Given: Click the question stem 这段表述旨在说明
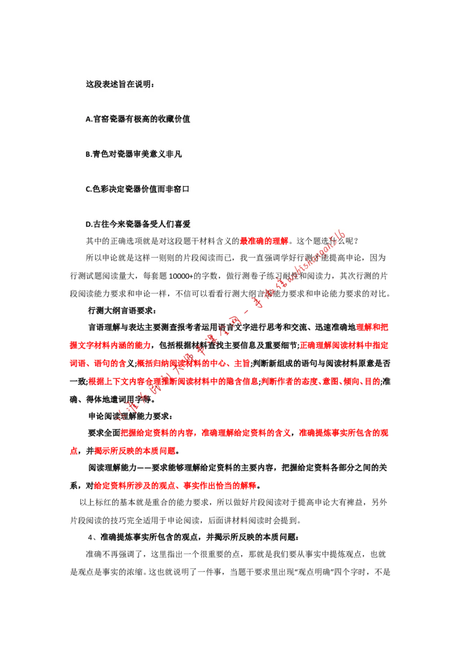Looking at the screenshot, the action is pos(120,84).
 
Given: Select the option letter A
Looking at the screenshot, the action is pos(88,119).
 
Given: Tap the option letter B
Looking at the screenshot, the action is pos(88,154).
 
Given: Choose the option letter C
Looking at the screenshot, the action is pos(88,189).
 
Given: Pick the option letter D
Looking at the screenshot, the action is pos(89,225).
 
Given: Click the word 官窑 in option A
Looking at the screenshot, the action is pos(101,119).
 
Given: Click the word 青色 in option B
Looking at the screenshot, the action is pos(101,154).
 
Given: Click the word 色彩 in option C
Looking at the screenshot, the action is pos(101,189).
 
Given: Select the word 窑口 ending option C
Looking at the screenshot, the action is pos(182,189).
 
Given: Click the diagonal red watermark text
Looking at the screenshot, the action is pos(230,327).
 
